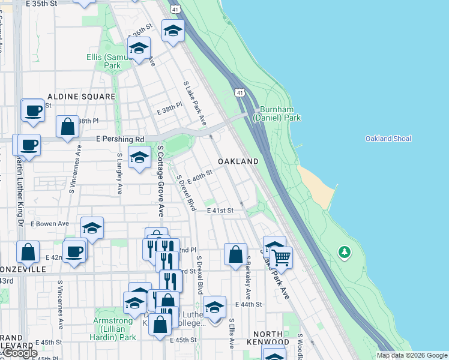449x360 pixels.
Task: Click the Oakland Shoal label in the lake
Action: tap(388, 139)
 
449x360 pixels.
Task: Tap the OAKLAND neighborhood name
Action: tap(238, 161)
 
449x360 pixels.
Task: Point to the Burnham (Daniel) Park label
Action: tap(276, 114)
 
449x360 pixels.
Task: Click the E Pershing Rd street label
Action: tap(120, 139)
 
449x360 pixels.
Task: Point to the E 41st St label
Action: tap(220, 211)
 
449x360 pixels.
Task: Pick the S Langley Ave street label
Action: tap(120, 173)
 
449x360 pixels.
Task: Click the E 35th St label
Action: tap(41, 4)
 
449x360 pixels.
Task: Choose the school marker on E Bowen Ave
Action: tap(92, 228)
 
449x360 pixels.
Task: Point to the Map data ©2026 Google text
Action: tap(412, 355)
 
